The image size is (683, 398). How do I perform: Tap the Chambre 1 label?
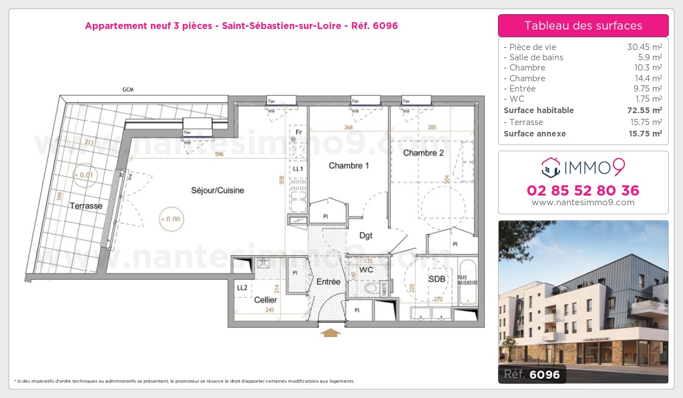[349, 166]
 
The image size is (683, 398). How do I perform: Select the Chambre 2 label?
[423, 153]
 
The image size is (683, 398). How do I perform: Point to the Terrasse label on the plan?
[86, 206]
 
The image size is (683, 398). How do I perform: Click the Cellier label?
[265, 300]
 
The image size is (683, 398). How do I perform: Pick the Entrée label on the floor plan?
[328, 282]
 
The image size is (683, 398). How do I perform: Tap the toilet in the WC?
[371, 288]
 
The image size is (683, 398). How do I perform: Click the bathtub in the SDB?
[469, 283]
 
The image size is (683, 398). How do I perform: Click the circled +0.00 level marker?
[170, 219]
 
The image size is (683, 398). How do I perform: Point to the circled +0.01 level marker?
[84, 175]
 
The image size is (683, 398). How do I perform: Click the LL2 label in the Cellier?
[242, 288]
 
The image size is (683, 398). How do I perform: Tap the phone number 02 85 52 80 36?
[583, 190]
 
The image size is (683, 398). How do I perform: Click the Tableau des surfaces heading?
[583, 26]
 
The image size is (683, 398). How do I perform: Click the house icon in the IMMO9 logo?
[550, 167]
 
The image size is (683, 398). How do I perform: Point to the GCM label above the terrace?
[127, 90]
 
